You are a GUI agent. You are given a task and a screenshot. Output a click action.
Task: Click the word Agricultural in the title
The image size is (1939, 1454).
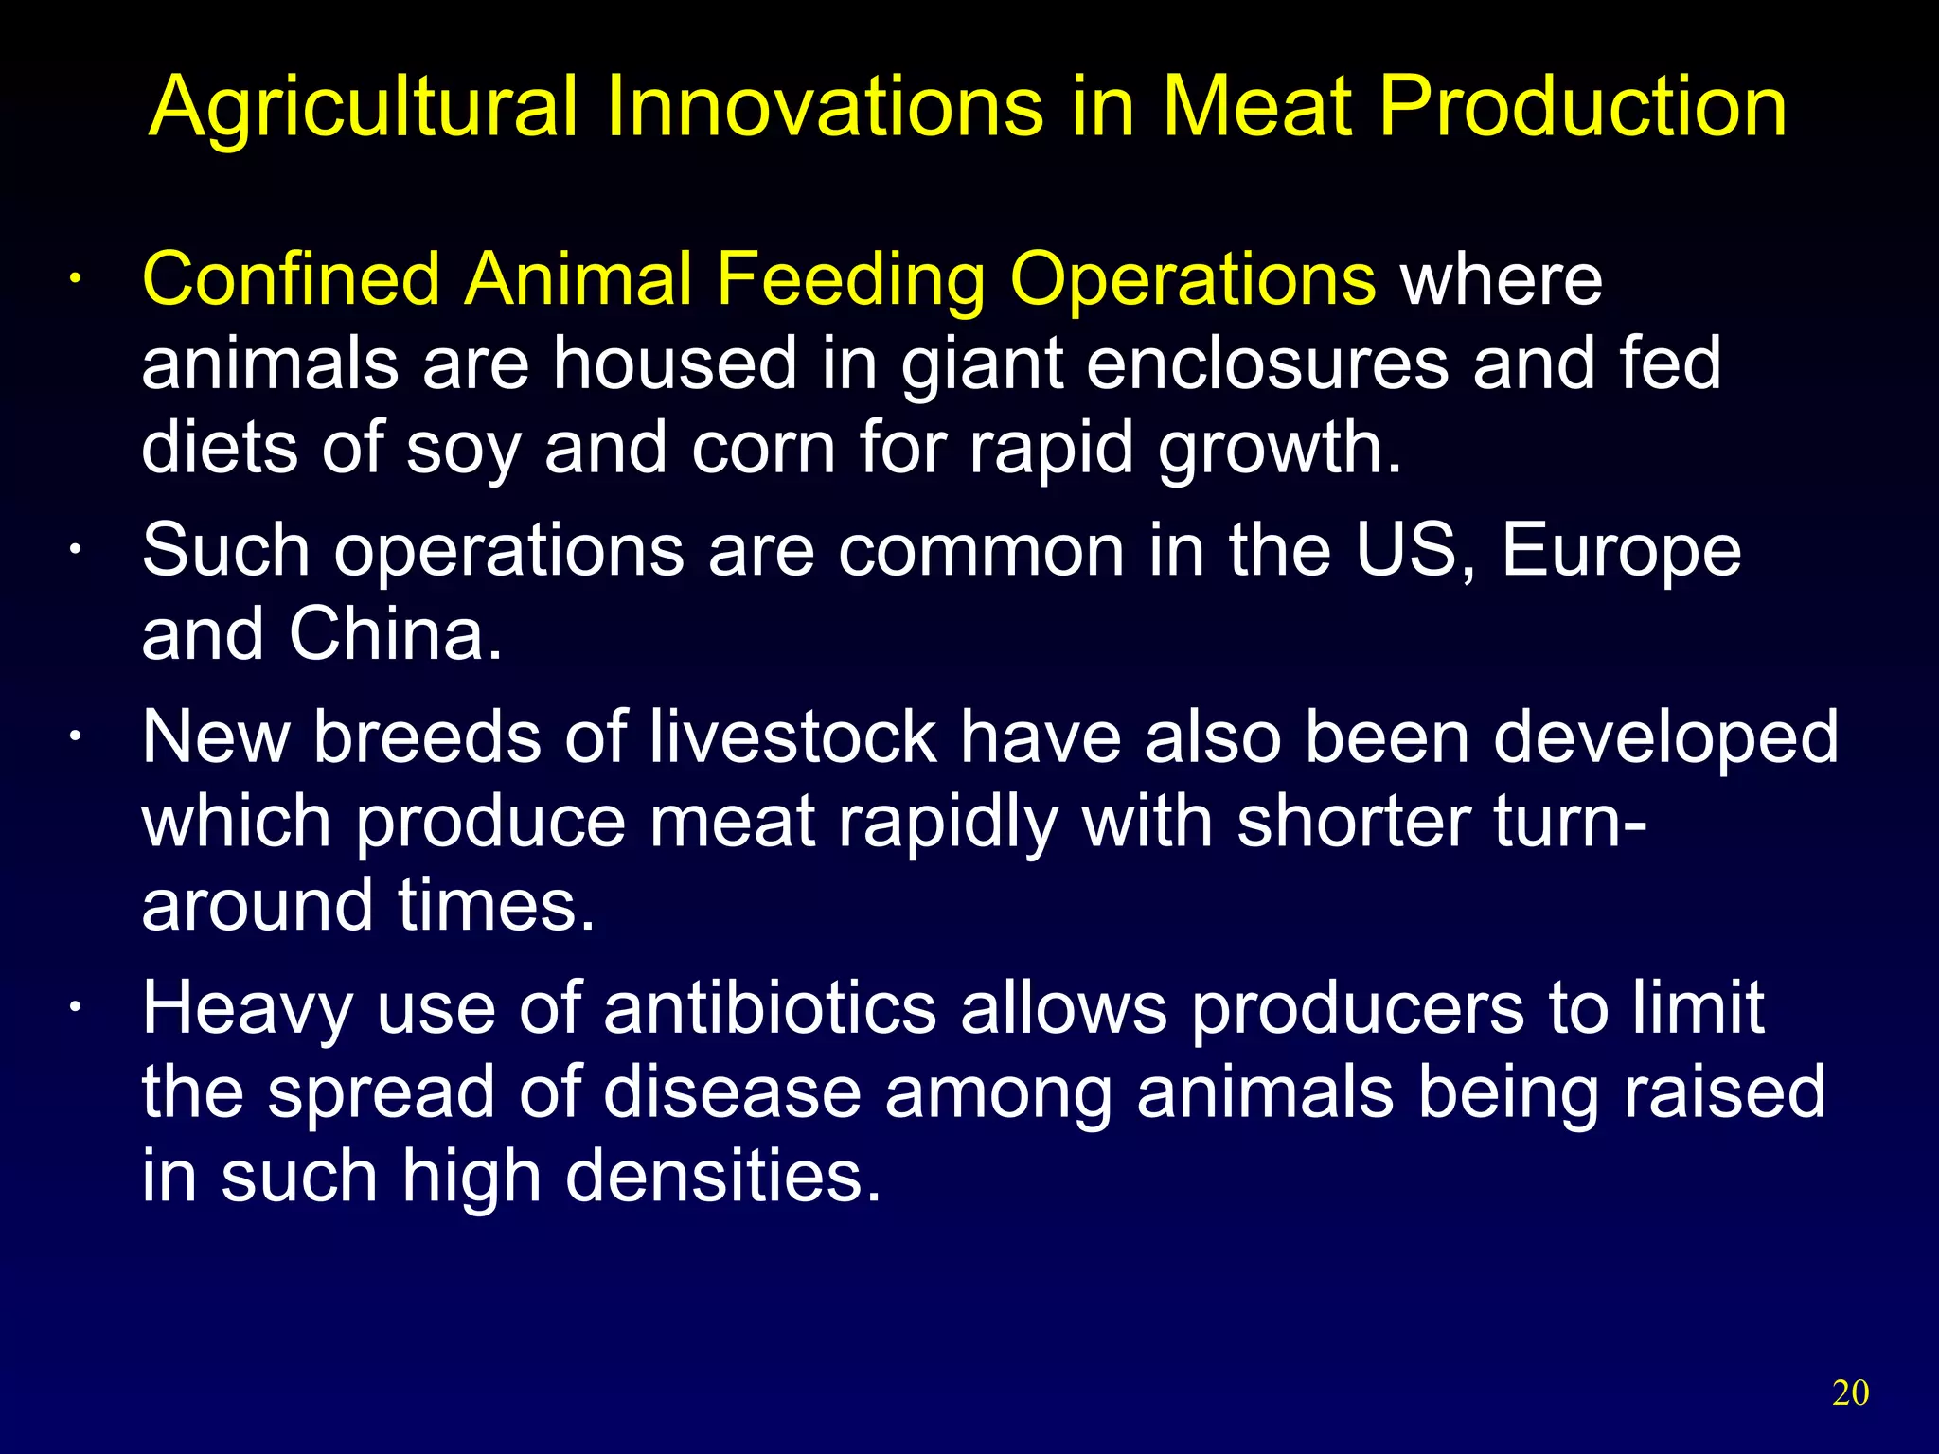click(364, 109)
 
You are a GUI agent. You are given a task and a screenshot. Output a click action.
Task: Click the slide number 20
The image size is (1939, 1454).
click(1850, 1392)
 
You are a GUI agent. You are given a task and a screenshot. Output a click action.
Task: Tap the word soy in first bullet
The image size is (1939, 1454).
click(463, 450)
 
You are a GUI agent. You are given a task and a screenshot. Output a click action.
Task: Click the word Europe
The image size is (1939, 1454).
click(1621, 552)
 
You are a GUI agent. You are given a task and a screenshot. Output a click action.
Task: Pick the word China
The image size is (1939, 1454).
click(395, 634)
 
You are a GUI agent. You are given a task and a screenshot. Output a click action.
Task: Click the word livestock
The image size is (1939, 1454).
click(792, 737)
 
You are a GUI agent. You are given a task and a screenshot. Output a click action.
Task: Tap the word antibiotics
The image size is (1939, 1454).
click(770, 1009)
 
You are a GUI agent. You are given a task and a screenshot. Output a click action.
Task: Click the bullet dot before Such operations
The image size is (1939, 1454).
click(75, 552)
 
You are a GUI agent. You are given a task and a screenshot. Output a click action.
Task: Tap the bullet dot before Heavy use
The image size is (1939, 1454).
click(75, 1010)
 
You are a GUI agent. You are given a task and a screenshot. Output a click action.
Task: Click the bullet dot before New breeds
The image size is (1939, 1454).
click(75, 738)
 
